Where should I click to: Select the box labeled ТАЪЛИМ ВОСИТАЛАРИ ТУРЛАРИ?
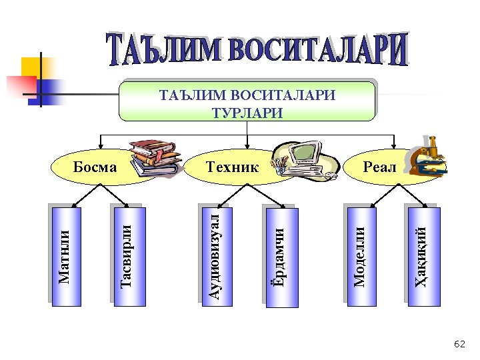coord(247,101)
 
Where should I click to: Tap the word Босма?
coord(94,167)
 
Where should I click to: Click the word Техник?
coord(231,167)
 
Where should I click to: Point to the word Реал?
coord(380,167)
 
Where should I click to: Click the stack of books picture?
coord(153,159)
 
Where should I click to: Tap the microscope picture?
coord(427,156)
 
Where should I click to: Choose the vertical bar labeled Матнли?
coord(65,256)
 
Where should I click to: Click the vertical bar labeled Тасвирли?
coord(127,256)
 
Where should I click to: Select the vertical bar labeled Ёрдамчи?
coord(281,256)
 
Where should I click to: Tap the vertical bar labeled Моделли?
coord(359,256)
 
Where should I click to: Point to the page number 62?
coord(459,344)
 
